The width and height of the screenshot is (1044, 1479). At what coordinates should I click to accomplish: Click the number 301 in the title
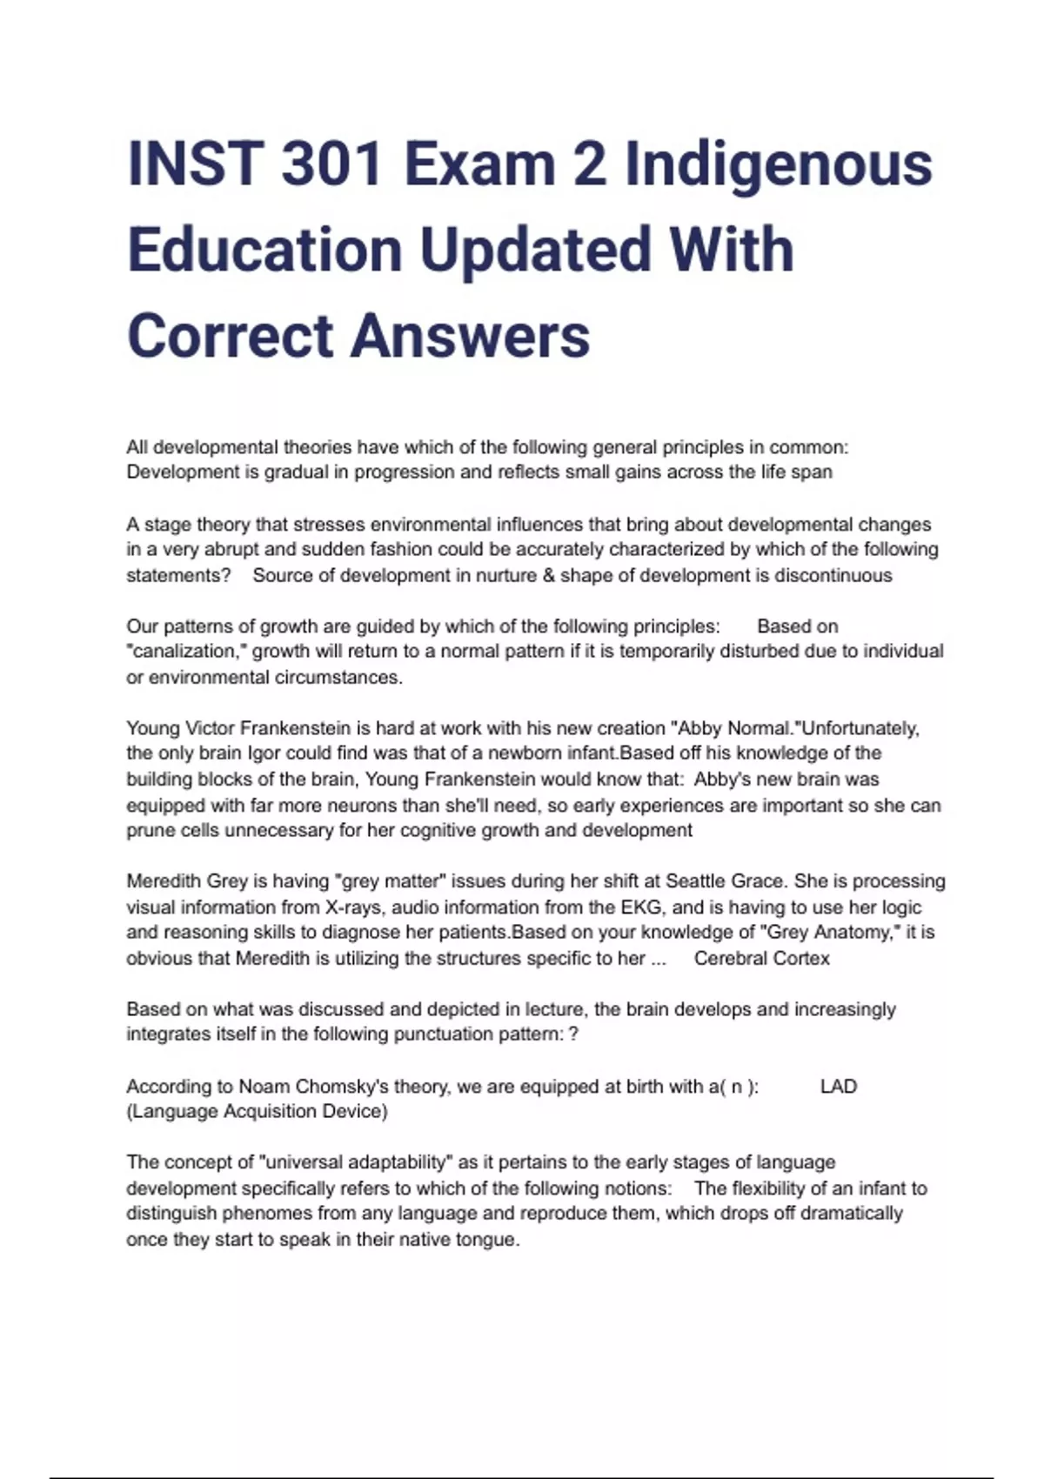coord(331,164)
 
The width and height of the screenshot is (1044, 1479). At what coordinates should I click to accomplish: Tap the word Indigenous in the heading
coord(779,164)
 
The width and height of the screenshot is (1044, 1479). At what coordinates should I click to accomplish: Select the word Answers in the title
coord(470,336)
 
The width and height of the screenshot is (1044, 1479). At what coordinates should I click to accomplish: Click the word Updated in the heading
coord(534,250)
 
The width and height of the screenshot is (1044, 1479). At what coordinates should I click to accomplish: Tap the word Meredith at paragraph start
coord(164,880)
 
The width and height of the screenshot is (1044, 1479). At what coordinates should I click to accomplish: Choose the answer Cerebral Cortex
coord(761,958)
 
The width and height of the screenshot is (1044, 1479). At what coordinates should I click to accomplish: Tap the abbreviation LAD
coord(839,1086)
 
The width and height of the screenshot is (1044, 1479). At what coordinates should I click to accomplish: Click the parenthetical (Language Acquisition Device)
coord(257,1111)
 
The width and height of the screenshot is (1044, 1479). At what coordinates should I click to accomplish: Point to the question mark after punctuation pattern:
coord(572,1034)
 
